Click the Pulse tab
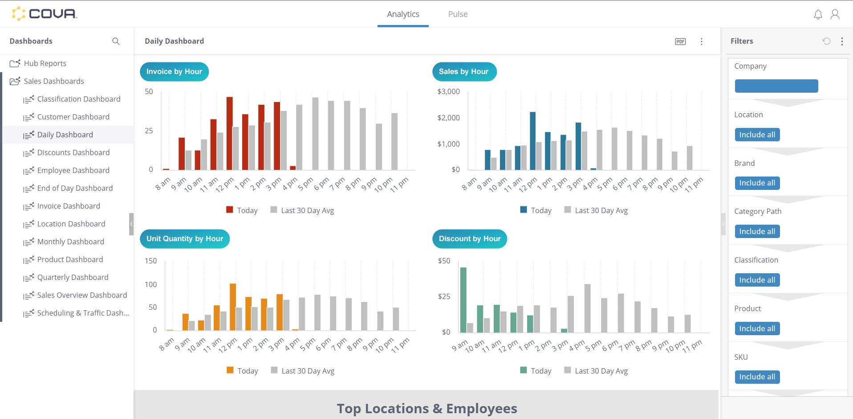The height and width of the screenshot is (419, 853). (458, 14)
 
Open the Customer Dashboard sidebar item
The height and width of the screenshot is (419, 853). (73, 117)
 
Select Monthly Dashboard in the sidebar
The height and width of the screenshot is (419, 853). (70, 242)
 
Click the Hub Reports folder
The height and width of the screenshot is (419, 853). (45, 63)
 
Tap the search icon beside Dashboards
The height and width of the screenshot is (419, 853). (116, 41)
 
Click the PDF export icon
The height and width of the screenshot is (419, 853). (680, 41)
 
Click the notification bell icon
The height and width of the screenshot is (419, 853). (818, 15)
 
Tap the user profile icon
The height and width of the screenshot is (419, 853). (835, 15)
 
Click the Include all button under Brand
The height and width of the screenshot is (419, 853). (757, 183)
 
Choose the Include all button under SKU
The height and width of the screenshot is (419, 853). (757, 377)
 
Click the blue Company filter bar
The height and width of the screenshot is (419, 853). (776, 86)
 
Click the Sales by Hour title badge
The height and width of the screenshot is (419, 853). (464, 72)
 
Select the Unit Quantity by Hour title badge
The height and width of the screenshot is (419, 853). (185, 239)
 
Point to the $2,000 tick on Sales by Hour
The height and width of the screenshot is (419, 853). (449, 118)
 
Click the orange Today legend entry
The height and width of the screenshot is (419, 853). (243, 371)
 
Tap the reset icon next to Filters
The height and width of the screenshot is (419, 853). (826, 41)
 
